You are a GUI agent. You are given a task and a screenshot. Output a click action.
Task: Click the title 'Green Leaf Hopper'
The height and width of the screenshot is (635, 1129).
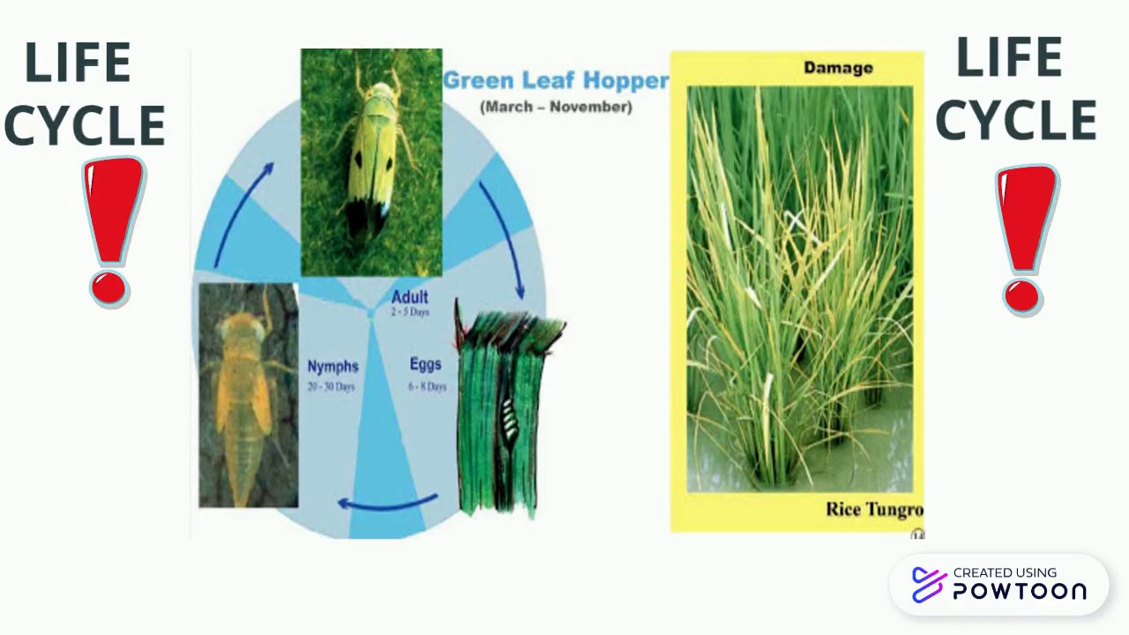click(556, 81)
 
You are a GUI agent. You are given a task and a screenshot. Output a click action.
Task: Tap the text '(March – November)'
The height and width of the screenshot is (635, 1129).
click(556, 107)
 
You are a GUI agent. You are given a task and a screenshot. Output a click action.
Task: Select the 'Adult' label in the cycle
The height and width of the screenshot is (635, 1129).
click(410, 297)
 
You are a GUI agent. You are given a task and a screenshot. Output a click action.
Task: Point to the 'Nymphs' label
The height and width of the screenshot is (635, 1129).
click(333, 366)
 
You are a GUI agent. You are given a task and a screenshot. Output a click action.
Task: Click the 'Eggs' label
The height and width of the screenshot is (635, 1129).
click(425, 363)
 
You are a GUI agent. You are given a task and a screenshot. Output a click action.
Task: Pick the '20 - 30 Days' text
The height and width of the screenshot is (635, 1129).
click(332, 387)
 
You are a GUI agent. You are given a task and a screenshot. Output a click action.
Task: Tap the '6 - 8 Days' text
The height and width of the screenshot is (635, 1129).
click(427, 386)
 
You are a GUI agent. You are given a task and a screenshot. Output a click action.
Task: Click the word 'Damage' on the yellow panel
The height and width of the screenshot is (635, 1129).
click(838, 68)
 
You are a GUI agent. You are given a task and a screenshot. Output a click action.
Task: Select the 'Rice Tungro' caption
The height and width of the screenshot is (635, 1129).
click(874, 509)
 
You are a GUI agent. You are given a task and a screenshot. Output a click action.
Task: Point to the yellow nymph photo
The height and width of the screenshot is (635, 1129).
click(248, 394)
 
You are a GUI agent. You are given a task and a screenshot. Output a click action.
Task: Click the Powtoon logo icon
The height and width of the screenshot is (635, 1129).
click(929, 584)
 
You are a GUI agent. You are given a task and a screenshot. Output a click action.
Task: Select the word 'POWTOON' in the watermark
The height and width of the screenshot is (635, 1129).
click(1020, 592)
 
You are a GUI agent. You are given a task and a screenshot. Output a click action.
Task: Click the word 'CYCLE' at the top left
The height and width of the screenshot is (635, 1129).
click(85, 125)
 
